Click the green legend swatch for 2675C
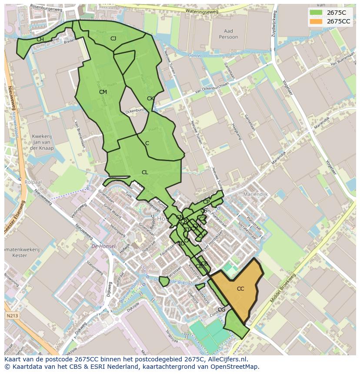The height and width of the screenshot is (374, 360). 316,13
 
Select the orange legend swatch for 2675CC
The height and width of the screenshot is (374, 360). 316,21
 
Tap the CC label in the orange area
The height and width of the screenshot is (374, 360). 240,289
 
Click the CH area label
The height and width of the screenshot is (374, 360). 40,40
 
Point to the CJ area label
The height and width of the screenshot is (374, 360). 113,39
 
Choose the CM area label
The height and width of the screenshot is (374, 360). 103,92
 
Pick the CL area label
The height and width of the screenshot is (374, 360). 145,172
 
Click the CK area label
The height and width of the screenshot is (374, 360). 150,99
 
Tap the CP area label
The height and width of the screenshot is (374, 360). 206,202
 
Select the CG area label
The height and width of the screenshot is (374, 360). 222,310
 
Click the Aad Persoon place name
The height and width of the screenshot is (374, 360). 228,34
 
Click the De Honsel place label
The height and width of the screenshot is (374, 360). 103,246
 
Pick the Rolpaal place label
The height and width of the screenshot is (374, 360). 33,182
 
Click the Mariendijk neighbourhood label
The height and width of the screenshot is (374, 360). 257,194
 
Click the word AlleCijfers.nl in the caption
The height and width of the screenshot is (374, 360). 227,359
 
